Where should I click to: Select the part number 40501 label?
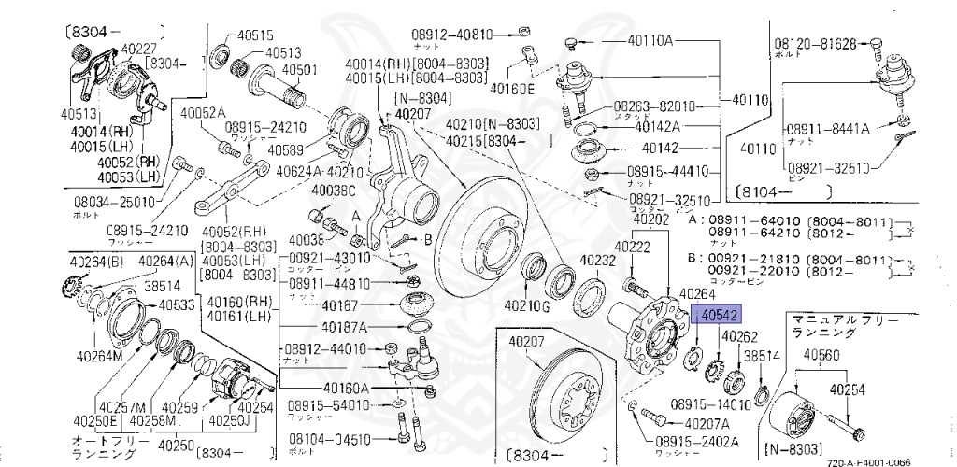[301, 69]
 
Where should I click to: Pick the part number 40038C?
[333, 191]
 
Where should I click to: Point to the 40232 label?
[594, 262]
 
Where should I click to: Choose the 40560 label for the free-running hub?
[823, 355]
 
